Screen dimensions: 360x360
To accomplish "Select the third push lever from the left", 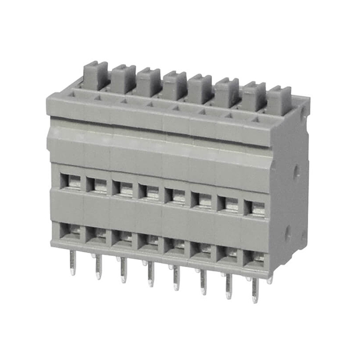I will click(x=148, y=82).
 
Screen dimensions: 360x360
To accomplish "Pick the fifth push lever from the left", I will click(x=200, y=88).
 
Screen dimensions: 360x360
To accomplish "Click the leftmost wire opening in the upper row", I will click(x=71, y=181).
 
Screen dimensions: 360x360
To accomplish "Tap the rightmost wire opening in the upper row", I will click(x=256, y=208).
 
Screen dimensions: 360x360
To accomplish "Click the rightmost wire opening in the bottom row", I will click(x=256, y=259).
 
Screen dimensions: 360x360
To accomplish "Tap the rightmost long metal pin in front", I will click(x=255, y=288).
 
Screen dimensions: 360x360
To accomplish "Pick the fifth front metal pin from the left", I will click(x=175, y=277).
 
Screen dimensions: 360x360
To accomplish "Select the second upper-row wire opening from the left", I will click(x=97, y=184).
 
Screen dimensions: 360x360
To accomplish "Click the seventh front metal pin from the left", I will click(x=228, y=285).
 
